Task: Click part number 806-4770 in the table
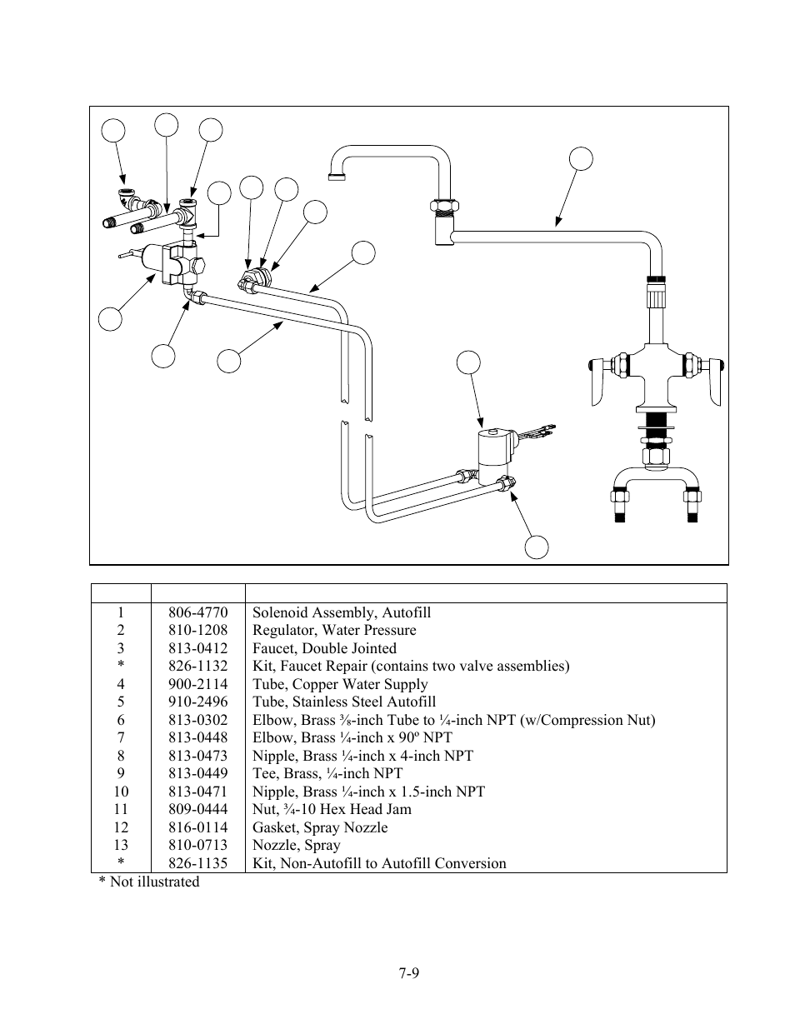pyautogui.click(x=198, y=612)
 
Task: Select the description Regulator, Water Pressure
pyautogui.click(x=334, y=630)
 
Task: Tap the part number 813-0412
pyautogui.click(x=198, y=648)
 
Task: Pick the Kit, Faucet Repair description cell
pyautogui.click(x=411, y=666)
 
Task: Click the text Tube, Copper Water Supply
pyautogui.click(x=340, y=684)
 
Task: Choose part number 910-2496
pyautogui.click(x=198, y=702)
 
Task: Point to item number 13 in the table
pyautogui.click(x=121, y=845)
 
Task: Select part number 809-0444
pyautogui.click(x=198, y=809)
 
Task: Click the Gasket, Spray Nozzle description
pyautogui.click(x=320, y=827)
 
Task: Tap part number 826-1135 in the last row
pyautogui.click(x=198, y=863)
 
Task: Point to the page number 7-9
pyautogui.click(x=408, y=973)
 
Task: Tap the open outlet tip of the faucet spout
pyautogui.click(x=336, y=177)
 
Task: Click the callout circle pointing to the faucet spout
pyautogui.click(x=581, y=158)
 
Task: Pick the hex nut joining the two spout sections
pyautogui.click(x=445, y=206)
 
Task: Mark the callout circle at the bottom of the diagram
pyautogui.click(x=537, y=547)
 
